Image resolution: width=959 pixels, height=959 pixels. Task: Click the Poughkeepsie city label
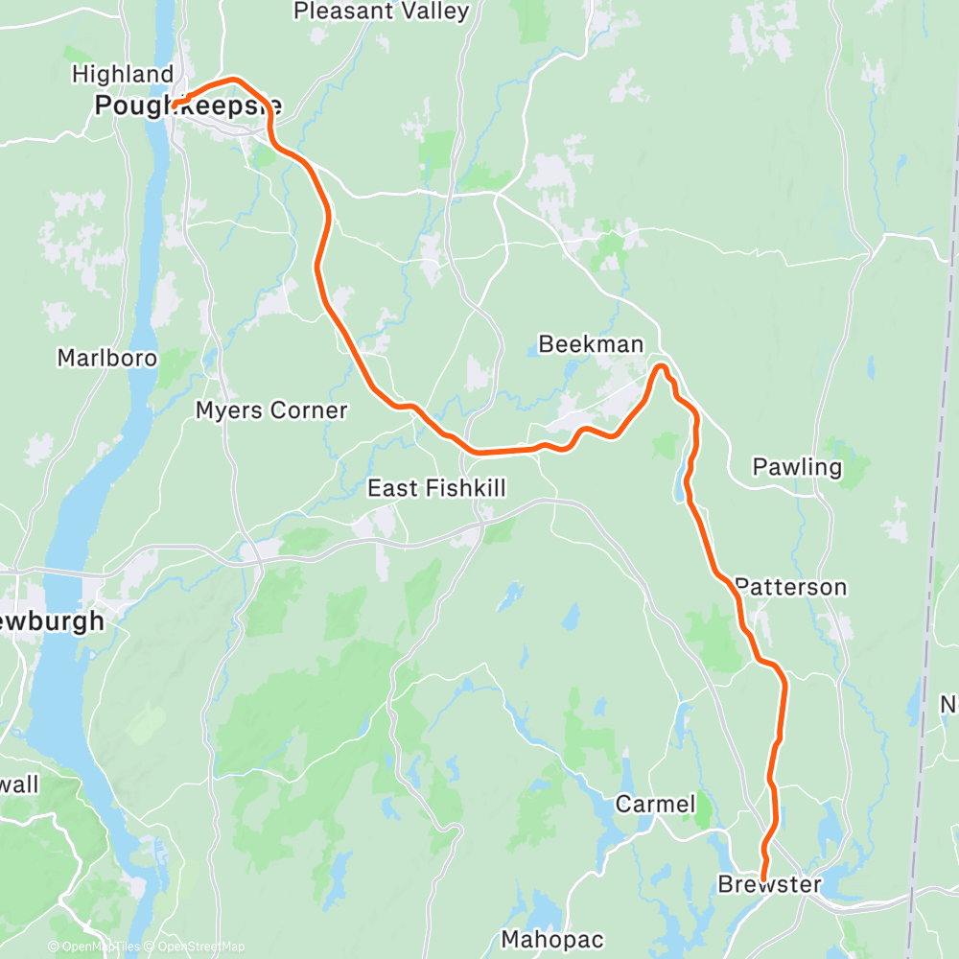point(188,105)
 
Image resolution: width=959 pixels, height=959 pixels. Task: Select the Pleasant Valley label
point(381,12)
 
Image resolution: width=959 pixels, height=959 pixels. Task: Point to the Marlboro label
point(106,358)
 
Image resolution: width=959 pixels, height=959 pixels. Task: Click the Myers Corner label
point(271,410)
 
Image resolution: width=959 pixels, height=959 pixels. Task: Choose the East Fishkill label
point(437,489)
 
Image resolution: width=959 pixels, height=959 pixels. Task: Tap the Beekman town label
point(591,344)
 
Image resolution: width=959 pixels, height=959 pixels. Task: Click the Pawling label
point(797,467)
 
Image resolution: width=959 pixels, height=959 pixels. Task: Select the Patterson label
point(791,587)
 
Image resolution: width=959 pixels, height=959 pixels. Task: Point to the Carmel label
point(655,804)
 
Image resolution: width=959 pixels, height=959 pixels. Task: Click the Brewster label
point(770,885)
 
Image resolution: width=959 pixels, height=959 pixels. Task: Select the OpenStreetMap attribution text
point(197,947)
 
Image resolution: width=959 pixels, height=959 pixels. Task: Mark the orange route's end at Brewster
point(763,877)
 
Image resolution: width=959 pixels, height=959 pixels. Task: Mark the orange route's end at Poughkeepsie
point(175,105)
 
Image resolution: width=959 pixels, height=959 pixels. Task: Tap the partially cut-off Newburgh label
point(53,621)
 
